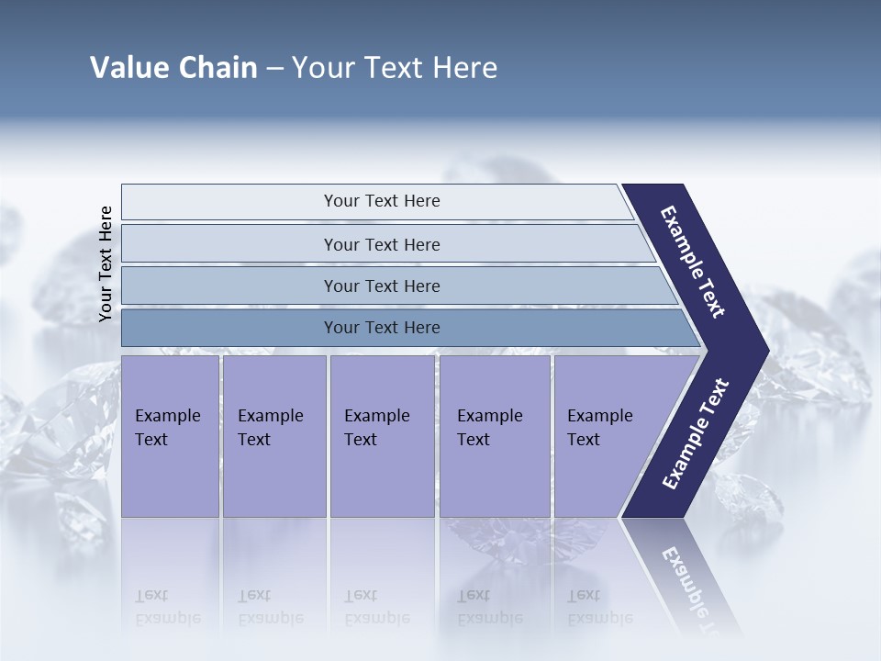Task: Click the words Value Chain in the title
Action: pos(173,68)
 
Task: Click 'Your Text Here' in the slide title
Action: pos(395,68)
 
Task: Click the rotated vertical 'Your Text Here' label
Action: pos(106,263)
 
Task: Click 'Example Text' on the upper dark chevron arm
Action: pos(693,262)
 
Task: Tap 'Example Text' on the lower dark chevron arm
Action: pos(695,434)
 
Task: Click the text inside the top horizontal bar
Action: pos(382,201)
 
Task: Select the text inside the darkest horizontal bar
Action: pos(382,328)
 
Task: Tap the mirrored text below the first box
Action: pos(167,606)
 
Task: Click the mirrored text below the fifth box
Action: pos(599,606)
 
